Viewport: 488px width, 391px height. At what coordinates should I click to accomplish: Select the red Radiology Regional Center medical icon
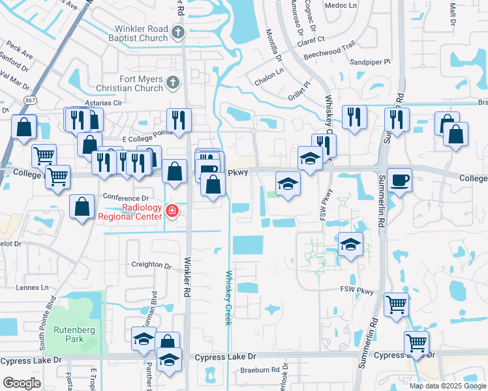[x=172, y=210]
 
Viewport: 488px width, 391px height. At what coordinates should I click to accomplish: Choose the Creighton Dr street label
[x=151, y=266]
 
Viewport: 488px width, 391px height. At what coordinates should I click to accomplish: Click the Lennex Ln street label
[x=33, y=287]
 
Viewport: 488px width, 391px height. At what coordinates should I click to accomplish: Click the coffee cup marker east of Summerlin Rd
[x=399, y=180]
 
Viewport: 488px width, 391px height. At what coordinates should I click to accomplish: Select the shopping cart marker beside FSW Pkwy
[x=396, y=304]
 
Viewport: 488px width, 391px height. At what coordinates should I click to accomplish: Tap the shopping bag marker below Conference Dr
[x=82, y=207]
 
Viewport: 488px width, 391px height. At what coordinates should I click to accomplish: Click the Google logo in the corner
[x=22, y=383]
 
